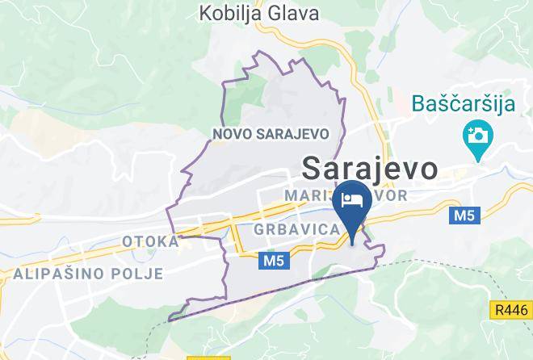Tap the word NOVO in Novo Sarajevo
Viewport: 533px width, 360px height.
click(x=231, y=134)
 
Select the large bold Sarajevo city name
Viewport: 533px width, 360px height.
click(x=370, y=169)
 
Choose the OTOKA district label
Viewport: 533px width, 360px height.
click(x=150, y=241)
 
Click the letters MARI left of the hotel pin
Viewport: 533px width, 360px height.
click(x=307, y=195)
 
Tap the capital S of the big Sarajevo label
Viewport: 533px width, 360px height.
click(x=313, y=169)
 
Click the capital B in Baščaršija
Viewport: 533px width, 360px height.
click(x=419, y=103)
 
